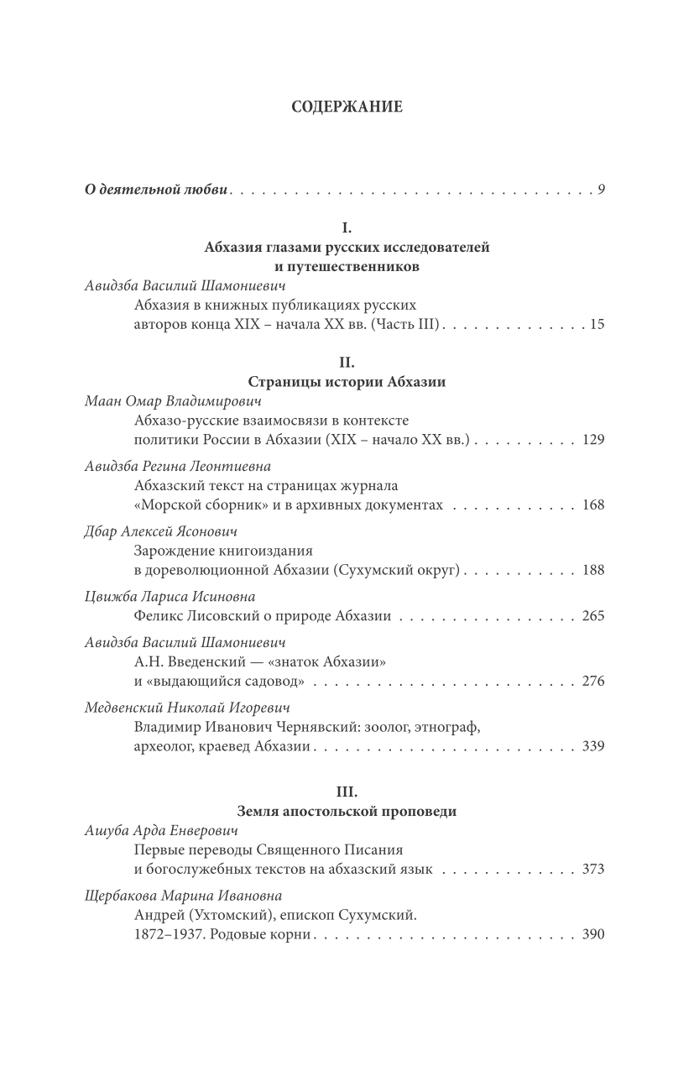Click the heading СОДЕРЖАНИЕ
point(347,107)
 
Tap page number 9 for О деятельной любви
point(601,212)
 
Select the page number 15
point(597,324)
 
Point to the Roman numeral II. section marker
point(347,363)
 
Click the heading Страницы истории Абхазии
point(347,382)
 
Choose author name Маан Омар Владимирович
point(162,401)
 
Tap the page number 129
point(593,440)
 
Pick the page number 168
point(593,504)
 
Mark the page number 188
point(593,570)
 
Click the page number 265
point(593,616)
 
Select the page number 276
point(593,681)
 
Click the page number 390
point(593,934)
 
